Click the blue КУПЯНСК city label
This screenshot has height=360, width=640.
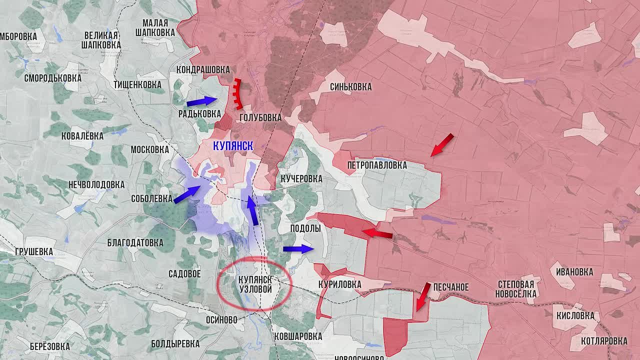(x=233, y=146)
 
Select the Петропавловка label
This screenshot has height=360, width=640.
(x=377, y=165)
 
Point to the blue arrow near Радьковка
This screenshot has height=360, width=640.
(x=202, y=101)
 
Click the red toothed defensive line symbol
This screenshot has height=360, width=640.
(x=237, y=94)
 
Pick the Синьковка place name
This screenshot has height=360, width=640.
(x=350, y=87)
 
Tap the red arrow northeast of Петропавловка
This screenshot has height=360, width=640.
(x=442, y=145)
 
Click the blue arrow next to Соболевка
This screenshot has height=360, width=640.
(x=187, y=194)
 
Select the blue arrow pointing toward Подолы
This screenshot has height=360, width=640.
(x=298, y=249)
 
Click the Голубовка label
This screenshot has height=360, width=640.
(x=260, y=117)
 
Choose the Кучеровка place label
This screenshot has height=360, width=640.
(x=301, y=178)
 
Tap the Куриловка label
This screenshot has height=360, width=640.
(x=339, y=284)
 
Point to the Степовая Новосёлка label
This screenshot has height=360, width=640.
(x=515, y=289)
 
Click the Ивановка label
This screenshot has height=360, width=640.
(x=574, y=272)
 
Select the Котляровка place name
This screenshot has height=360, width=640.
(x=604, y=341)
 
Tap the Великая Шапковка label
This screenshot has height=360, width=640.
(x=101, y=39)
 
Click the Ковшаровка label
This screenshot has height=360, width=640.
(x=298, y=336)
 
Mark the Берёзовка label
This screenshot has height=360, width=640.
(x=49, y=346)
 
